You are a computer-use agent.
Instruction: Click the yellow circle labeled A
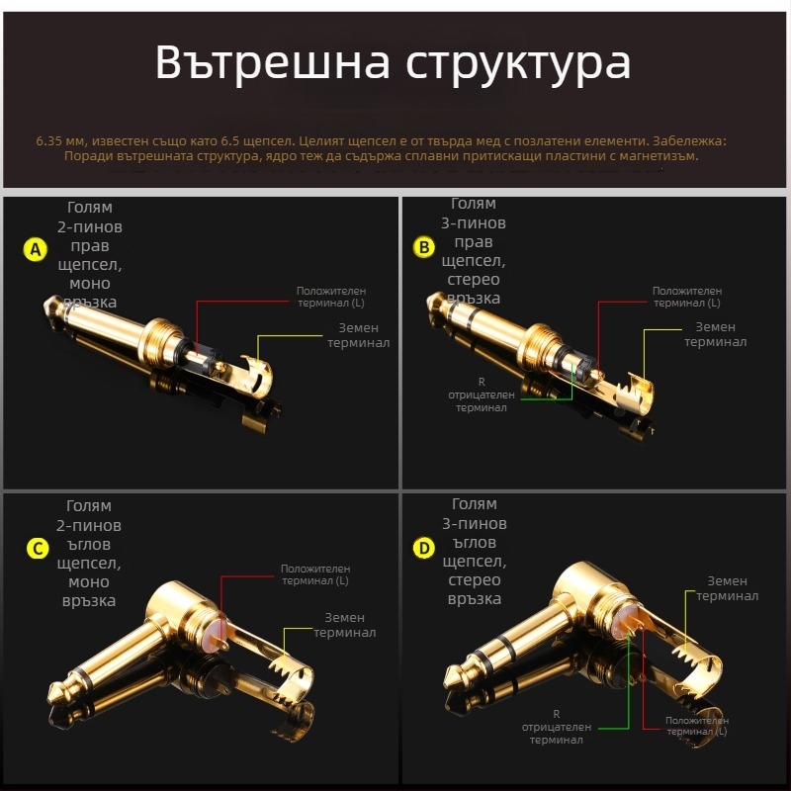click(36, 249)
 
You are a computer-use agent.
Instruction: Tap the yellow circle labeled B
click(424, 247)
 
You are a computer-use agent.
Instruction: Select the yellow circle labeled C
click(36, 549)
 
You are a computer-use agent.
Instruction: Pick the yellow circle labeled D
click(424, 548)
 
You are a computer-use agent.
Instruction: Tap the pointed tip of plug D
click(447, 683)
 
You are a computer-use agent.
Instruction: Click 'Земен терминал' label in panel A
click(359, 334)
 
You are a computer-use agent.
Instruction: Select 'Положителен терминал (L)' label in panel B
click(687, 297)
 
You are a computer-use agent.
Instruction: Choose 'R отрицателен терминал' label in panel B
click(482, 394)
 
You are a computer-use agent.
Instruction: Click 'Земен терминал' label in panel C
click(345, 625)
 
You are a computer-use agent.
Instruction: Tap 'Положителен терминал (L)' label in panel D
click(697, 726)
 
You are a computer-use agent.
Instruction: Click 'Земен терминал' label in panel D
click(728, 588)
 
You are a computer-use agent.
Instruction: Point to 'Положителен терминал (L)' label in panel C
click(315, 574)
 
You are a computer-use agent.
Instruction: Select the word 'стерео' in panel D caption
click(475, 580)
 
